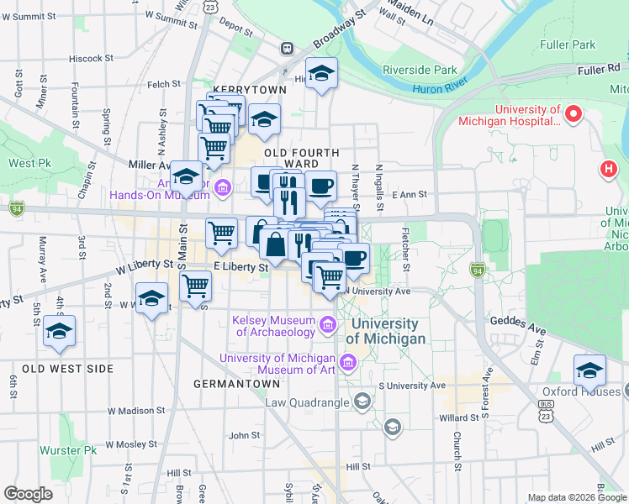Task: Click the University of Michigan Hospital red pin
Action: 575,113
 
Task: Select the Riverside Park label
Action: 419,70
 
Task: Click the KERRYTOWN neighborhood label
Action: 245,88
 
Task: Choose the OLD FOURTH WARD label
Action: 301,153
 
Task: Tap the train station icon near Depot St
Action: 288,49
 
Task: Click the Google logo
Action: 28,494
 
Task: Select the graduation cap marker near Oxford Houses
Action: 590,370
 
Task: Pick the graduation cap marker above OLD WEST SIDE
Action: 59,331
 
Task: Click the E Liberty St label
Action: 240,266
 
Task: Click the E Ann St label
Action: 410,195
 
